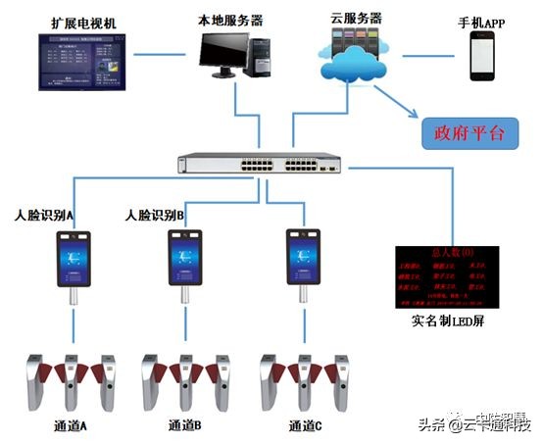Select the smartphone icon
click(483, 56)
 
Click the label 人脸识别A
click(45, 214)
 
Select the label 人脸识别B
click(155, 214)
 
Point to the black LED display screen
click(440, 277)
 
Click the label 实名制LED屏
click(444, 321)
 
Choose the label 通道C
click(305, 425)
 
